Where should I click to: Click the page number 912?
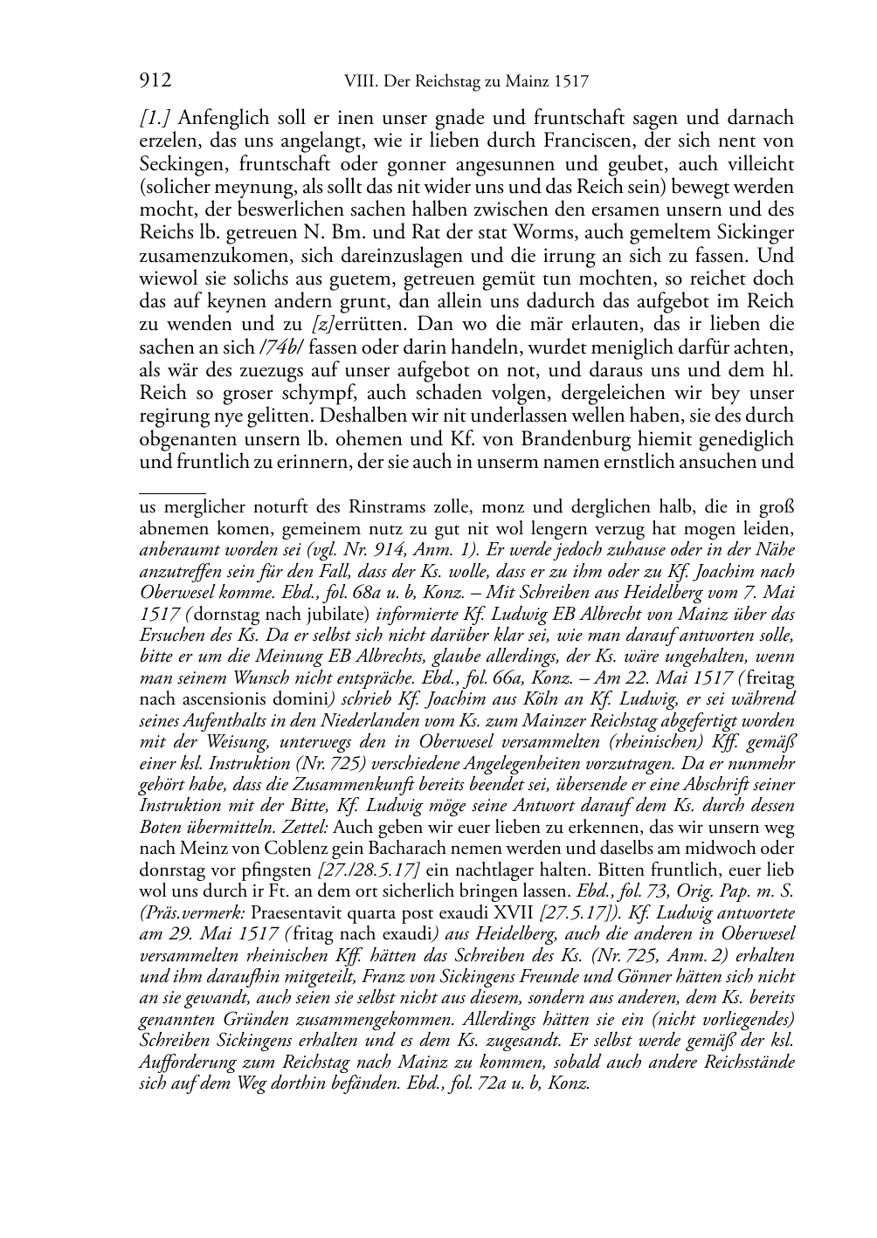click(x=155, y=82)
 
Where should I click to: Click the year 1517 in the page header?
click(x=570, y=83)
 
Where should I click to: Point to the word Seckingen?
click(x=180, y=164)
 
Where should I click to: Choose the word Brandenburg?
click(x=557, y=438)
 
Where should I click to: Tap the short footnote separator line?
click(x=172, y=493)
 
